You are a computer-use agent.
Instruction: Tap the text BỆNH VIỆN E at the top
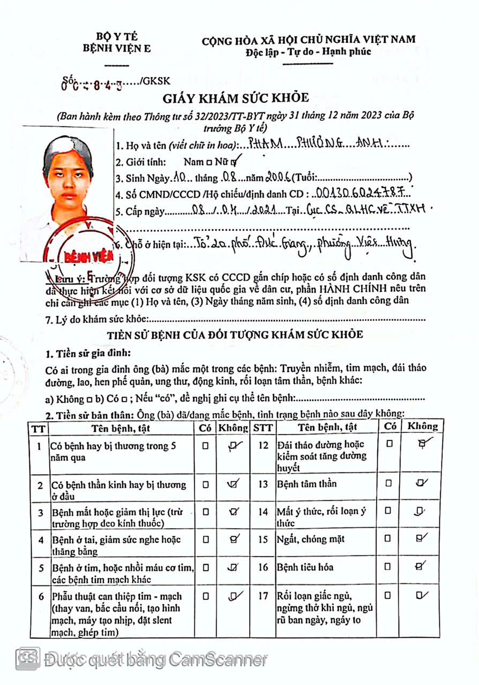[116, 48]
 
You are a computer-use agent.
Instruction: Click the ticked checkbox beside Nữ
[234, 161]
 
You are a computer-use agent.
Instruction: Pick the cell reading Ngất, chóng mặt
[311, 539]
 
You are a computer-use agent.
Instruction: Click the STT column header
[263, 427]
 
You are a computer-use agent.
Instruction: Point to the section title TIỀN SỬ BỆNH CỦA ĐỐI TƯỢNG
[235, 335]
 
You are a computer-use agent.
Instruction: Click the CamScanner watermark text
[155, 660]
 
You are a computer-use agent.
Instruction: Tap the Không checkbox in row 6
[233, 595]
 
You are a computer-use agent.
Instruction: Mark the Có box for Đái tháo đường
[389, 443]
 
